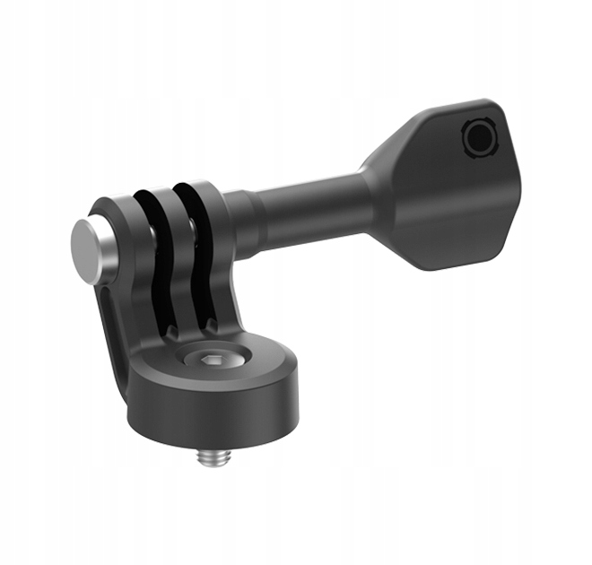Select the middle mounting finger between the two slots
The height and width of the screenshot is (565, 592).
pyautogui.click(x=172, y=251)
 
